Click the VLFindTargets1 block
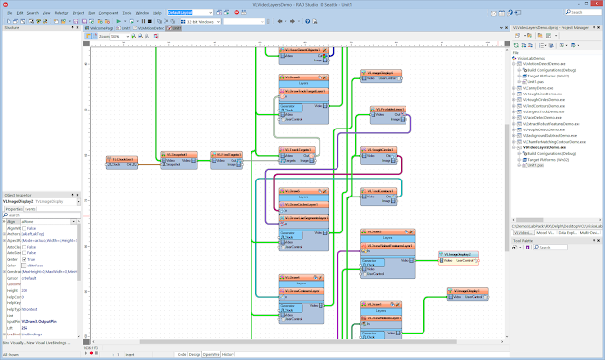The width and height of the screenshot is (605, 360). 225,162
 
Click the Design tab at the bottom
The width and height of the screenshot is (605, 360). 196,354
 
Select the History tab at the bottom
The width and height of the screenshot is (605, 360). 228,354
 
